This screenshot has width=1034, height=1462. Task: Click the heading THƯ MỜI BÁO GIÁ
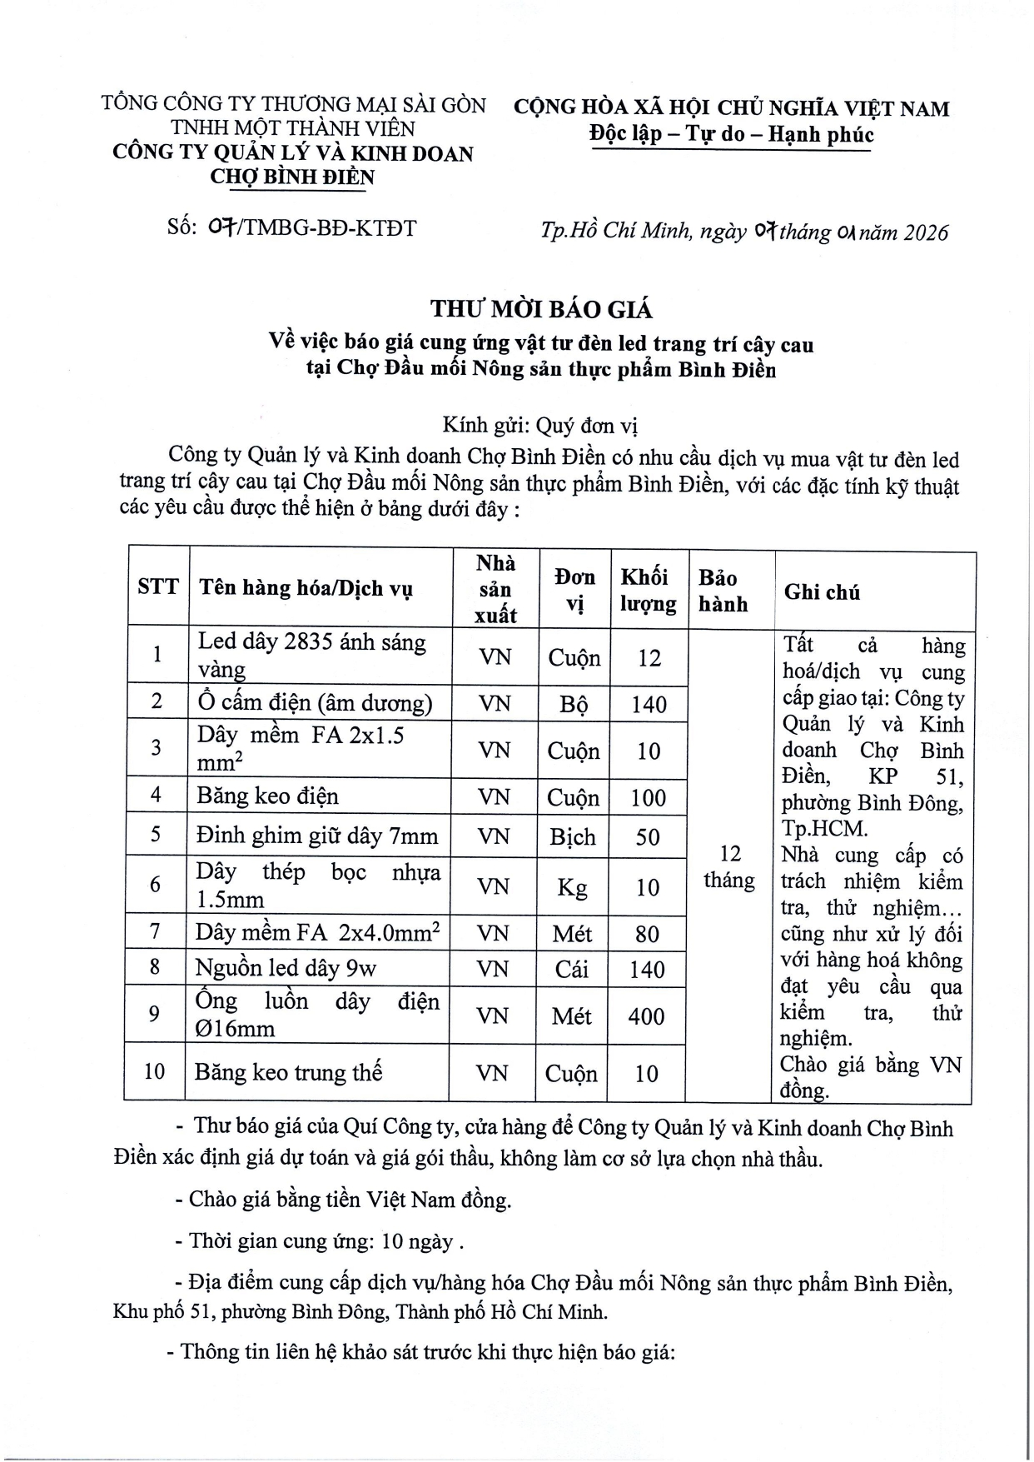[541, 309]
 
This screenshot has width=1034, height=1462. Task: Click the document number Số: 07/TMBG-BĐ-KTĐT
[291, 227]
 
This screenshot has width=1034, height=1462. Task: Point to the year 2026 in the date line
[923, 232]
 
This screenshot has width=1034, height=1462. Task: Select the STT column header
[158, 586]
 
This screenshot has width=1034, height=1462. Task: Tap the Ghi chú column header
[822, 591]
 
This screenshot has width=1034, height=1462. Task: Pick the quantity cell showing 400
[647, 1016]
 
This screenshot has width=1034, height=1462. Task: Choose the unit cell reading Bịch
[572, 836]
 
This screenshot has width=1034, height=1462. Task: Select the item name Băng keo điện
[267, 796]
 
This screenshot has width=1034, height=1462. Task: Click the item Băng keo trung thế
[288, 1072]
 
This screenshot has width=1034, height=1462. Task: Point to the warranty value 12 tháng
[729, 867]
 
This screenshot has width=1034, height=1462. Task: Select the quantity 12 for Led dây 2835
[649, 658]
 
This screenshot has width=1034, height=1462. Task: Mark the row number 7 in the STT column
[155, 931]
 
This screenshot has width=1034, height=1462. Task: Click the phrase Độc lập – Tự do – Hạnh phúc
[731, 134]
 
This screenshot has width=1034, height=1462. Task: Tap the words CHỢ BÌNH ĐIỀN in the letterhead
[292, 177]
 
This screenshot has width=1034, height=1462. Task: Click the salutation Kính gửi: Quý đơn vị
[540, 426]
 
